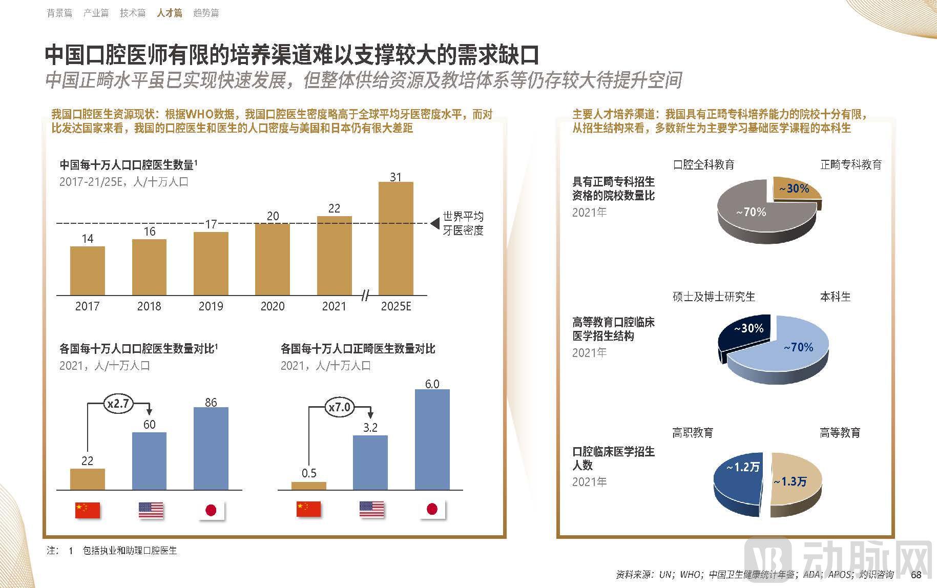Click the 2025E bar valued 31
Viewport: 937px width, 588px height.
point(395,238)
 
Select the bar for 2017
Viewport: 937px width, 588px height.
point(87,270)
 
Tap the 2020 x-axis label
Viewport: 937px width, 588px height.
point(273,306)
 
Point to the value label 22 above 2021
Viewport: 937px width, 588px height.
point(334,208)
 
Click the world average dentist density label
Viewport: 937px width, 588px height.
point(463,223)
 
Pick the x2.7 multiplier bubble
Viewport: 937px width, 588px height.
point(118,404)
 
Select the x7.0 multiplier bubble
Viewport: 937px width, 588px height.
point(339,407)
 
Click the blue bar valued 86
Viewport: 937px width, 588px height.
point(211,448)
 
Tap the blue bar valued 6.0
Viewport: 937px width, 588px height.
point(432,439)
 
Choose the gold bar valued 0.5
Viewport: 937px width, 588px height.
point(308,486)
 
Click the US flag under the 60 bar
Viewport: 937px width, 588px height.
point(151,510)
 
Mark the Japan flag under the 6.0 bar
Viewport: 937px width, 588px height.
point(432,509)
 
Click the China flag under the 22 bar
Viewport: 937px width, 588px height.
point(88,510)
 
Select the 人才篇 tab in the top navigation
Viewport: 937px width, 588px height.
point(170,13)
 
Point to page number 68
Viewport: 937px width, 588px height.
point(916,574)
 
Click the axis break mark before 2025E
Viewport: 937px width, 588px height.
point(365,296)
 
